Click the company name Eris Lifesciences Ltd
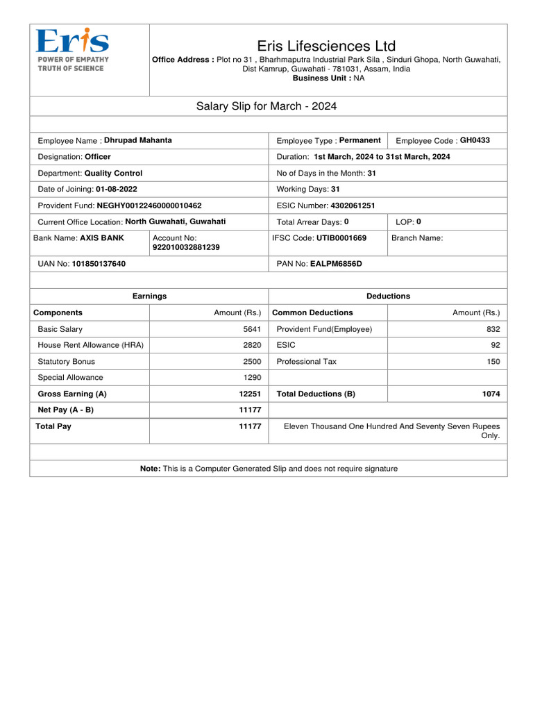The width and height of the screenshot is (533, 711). point(326,46)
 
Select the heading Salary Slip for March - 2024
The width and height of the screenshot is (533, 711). point(267,106)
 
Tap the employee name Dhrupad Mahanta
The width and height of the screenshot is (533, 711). point(138,140)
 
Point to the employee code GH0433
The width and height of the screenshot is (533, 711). point(475,140)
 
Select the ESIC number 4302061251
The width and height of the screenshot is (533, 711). point(353,206)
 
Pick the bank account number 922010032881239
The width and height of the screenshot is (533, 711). point(186,247)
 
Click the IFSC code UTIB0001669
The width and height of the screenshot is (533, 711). point(341,237)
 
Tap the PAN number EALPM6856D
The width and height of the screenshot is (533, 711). point(336,264)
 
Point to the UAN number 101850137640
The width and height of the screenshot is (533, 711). point(99,264)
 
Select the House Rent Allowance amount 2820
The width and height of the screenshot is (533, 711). point(252,345)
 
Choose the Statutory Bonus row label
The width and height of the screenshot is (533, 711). point(67,361)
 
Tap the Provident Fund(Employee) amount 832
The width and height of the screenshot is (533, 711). point(493,329)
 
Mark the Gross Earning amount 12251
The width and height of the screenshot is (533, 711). point(250,394)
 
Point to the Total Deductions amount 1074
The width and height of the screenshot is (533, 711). point(491,394)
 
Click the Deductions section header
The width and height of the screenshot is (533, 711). point(388,296)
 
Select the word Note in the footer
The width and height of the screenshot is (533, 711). point(150,469)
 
